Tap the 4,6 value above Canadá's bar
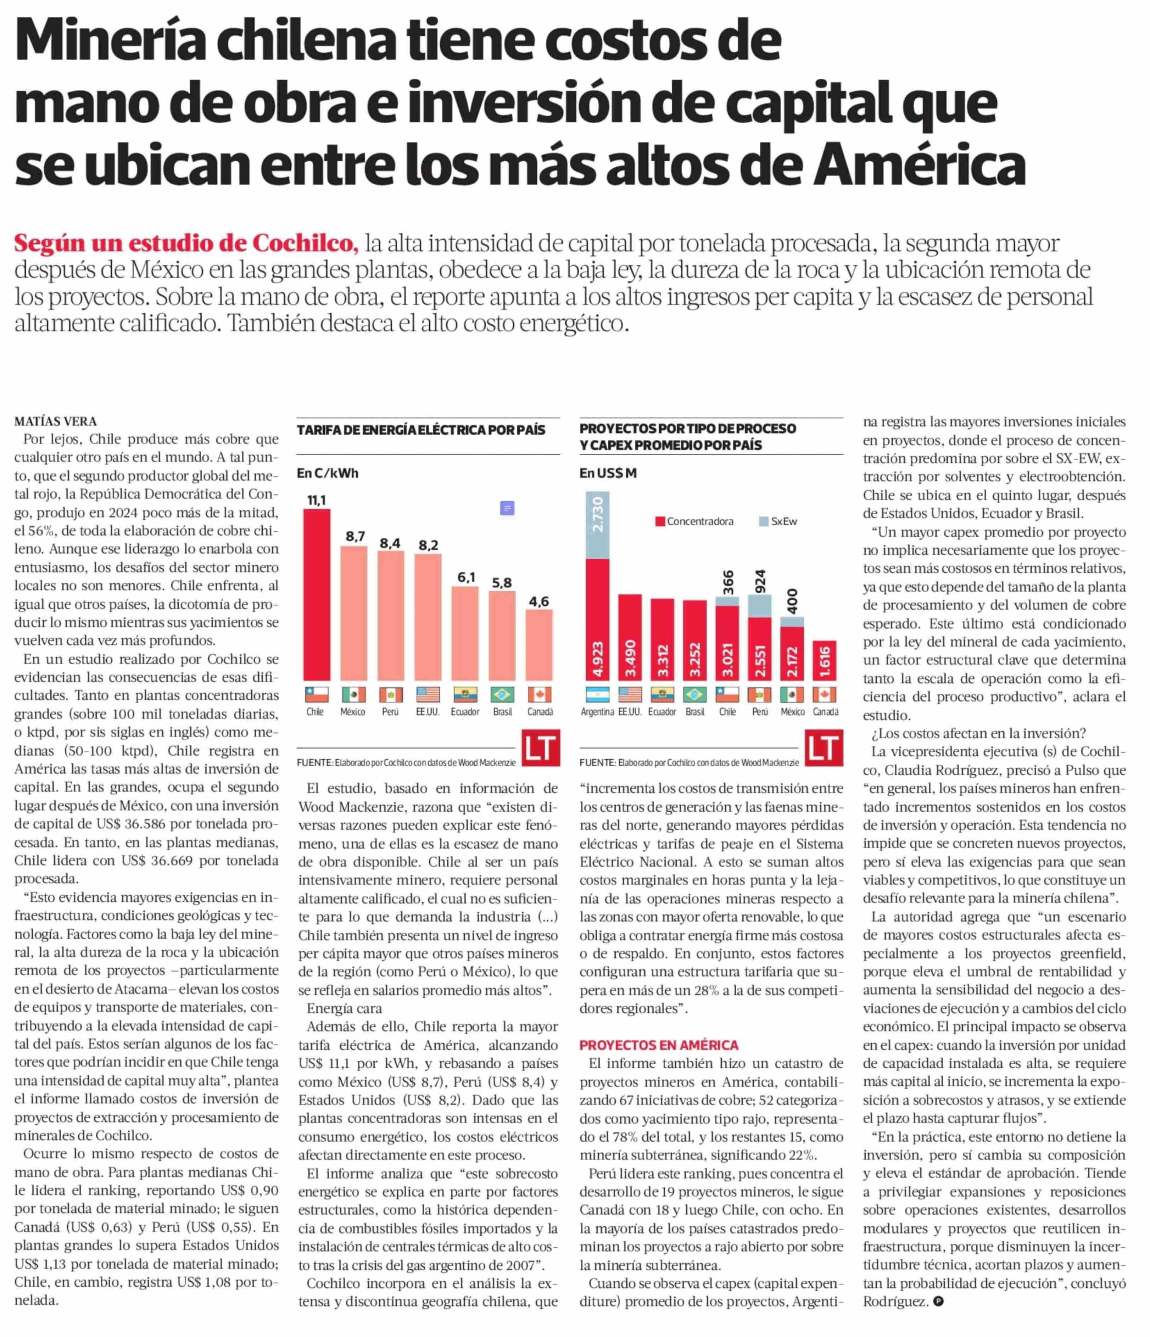[539, 602]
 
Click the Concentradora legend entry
[694, 521]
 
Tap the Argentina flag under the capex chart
[597, 694]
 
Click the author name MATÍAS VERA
[56, 421]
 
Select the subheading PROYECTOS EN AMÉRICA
[658, 1045]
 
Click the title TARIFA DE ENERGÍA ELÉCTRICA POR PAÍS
[421, 430]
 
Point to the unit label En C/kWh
[327, 473]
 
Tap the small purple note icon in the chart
[507, 509]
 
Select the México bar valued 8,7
[354, 613]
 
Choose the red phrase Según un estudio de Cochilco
[186, 243]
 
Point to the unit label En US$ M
[608, 473]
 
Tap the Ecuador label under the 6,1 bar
[465, 712]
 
